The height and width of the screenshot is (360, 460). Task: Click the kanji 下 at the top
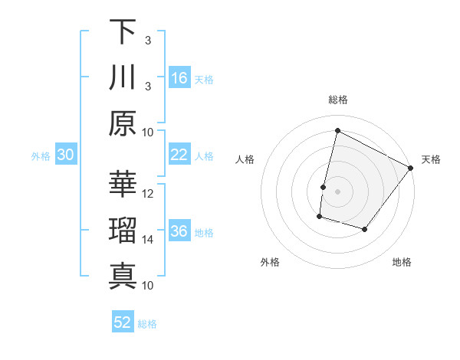coord(122,32)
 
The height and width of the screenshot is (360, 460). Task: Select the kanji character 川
coord(122,77)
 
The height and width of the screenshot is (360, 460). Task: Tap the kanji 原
coord(122,123)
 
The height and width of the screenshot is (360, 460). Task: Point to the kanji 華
coord(122,185)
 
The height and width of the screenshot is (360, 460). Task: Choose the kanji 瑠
coord(122,231)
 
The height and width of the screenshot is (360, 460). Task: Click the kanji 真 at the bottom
coord(122,276)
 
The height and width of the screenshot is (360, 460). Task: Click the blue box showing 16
coord(179,77)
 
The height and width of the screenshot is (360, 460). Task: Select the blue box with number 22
coord(179,155)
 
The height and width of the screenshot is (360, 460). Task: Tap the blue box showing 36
coord(179,231)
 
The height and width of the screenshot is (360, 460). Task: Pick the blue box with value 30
coord(66,155)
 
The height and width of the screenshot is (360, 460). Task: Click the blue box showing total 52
coord(123,322)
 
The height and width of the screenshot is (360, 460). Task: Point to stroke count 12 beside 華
coord(149,194)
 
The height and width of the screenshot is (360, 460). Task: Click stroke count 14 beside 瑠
coord(149,240)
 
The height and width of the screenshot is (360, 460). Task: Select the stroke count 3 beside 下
coord(148,40)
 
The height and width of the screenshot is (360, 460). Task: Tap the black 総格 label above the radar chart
coord(338,100)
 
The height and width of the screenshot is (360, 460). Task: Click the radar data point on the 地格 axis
coord(365,230)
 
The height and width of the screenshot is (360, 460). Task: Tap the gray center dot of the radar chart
coord(338,191)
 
